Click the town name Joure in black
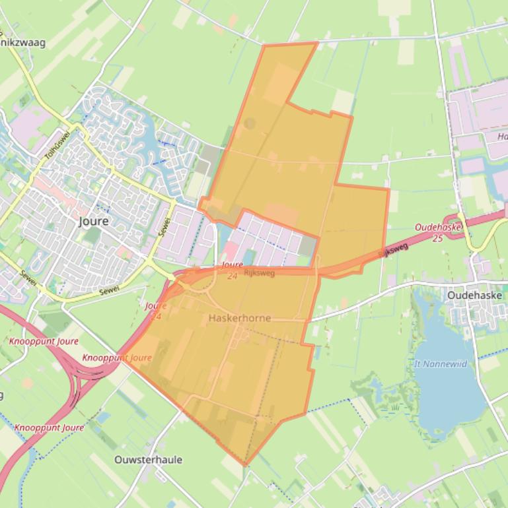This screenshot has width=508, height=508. [x=92, y=221]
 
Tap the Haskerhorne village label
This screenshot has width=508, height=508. [x=239, y=318]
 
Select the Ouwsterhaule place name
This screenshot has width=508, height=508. [x=148, y=460]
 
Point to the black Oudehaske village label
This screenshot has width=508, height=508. [x=474, y=296]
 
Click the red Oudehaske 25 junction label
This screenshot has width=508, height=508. [x=438, y=232]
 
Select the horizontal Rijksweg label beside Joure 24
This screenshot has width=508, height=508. [x=259, y=272]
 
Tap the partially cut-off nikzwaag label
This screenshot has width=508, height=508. [x=24, y=43]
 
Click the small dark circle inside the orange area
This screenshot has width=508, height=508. [x=250, y=123]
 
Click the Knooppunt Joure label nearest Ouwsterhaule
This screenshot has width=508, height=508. [x=50, y=428]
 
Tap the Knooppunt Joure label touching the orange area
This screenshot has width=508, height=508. [x=117, y=358]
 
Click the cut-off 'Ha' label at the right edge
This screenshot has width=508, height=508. [x=502, y=137]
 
